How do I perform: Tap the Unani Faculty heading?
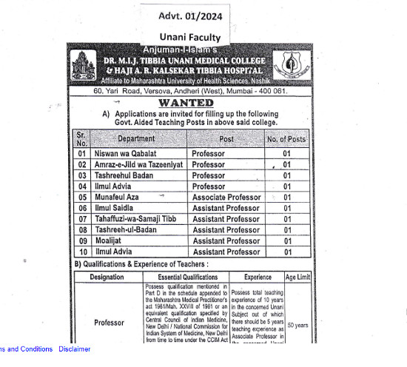click(x=189, y=37)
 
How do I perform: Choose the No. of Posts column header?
click(x=286, y=139)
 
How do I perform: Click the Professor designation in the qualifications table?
click(x=109, y=323)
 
